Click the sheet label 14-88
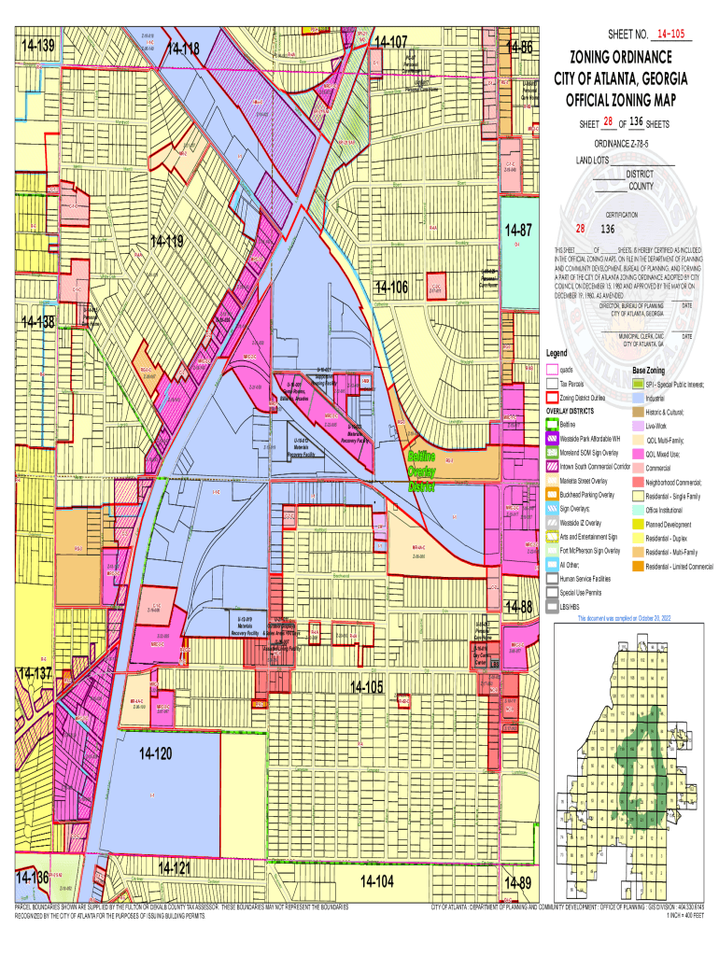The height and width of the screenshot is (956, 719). pyautogui.click(x=518, y=608)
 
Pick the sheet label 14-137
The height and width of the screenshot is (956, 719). pyautogui.click(x=34, y=674)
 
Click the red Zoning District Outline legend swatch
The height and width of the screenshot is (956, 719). pyautogui.click(x=551, y=398)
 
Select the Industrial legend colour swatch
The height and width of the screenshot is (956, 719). pyautogui.click(x=639, y=398)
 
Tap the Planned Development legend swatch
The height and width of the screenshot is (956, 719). pyautogui.click(x=639, y=525)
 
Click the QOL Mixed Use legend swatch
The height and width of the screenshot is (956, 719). pyautogui.click(x=639, y=454)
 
